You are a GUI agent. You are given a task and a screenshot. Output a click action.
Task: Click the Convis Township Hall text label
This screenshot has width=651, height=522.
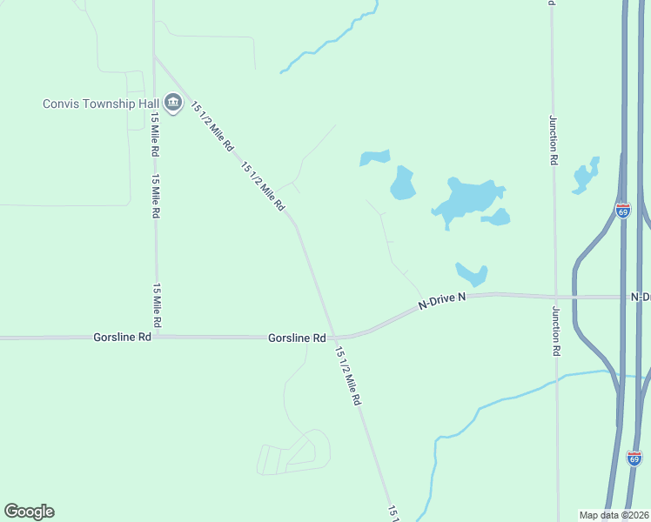tap(100, 104)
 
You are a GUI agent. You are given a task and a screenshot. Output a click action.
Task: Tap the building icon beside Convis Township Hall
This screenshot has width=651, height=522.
tap(172, 104)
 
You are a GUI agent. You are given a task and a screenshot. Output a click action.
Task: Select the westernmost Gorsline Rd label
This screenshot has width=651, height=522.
tap(123, 337)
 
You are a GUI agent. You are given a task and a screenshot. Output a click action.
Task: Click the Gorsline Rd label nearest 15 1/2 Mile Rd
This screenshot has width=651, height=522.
tap(297, 338)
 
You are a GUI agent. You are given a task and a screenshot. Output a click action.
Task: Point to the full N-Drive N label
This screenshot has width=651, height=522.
tap(442, 301)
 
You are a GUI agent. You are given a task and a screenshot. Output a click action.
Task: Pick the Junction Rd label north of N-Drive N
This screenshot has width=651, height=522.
tap(553, 140)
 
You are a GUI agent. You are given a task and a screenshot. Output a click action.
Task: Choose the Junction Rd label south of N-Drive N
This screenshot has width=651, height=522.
tap(555, 331)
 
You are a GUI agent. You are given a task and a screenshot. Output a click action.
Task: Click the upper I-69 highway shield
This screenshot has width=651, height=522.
tap(622, 211)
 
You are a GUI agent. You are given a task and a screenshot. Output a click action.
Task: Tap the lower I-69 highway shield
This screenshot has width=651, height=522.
tap(634, 457)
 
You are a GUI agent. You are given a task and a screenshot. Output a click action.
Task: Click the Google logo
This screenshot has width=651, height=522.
tap(29, 512)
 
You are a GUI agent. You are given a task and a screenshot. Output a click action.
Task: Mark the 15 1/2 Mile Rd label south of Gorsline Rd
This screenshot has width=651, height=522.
tap(347, 377)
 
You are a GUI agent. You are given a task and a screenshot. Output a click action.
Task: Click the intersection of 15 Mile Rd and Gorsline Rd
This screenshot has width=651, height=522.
tap(157, 337)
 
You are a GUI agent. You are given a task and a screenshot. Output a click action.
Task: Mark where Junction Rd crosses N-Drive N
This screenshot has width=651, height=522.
tap(555, 297)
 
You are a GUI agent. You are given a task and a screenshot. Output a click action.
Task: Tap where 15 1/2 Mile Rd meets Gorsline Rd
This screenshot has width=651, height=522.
tap(335, 338)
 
